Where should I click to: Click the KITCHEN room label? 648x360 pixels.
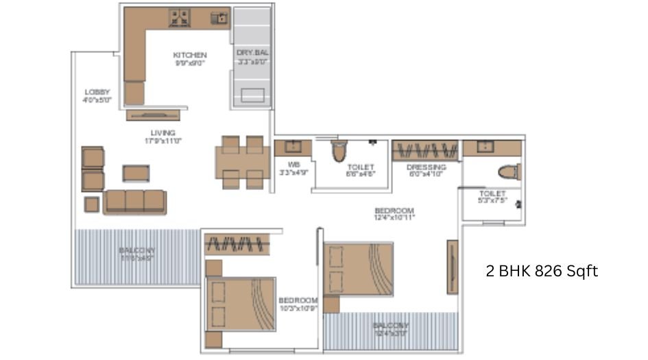190,56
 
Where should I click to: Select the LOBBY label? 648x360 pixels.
97,93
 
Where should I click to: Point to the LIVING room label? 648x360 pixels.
163,133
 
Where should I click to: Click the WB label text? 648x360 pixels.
294,165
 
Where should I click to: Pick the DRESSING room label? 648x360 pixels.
426,167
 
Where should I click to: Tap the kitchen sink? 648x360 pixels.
219,17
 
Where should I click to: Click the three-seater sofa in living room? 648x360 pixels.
134,201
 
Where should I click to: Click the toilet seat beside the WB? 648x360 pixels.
339,151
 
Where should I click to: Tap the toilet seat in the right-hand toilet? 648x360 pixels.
509,171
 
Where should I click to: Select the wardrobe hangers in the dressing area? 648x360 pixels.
425,150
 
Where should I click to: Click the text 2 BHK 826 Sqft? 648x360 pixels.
542,271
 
